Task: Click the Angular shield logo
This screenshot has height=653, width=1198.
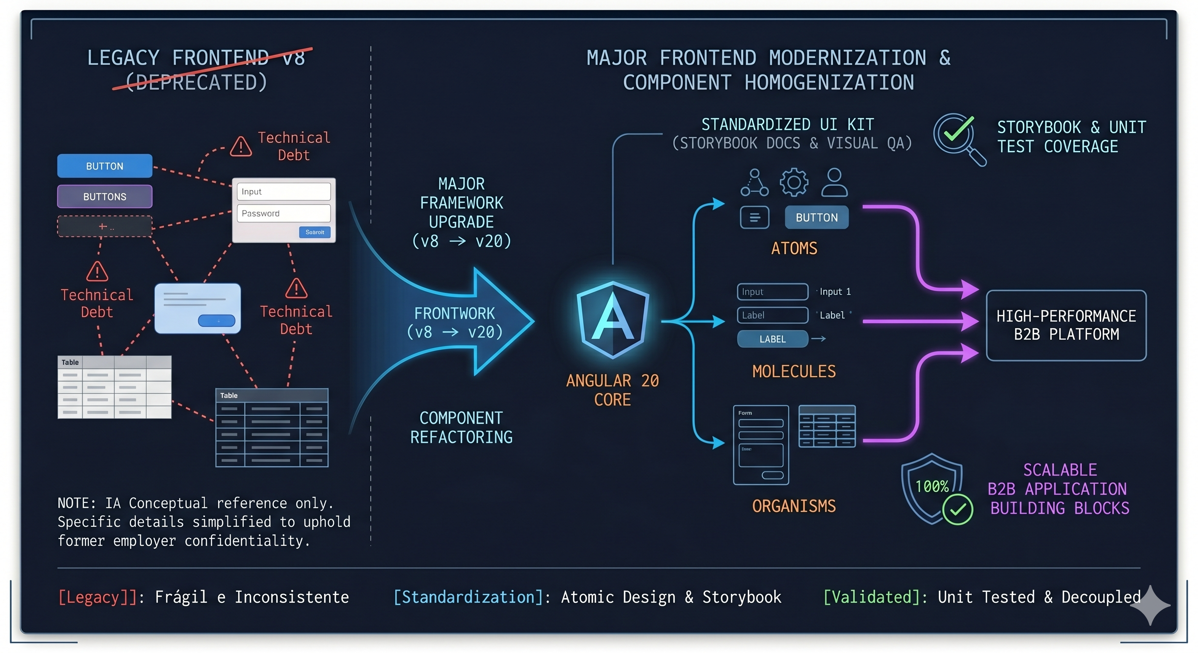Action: (x=613, y=320)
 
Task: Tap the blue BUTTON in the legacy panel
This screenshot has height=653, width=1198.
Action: (x=105, y=166)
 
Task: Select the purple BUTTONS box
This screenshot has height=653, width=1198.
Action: (x=105, y=196)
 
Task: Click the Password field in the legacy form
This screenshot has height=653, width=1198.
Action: (x=284, y=213)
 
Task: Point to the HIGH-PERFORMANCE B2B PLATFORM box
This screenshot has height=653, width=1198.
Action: (x=1066, y=325)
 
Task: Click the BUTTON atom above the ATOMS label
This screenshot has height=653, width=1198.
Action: (x=817, y=218)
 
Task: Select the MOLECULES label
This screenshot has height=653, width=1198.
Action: (x=794, y=371)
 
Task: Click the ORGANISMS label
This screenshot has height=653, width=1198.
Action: (x=794, y=505)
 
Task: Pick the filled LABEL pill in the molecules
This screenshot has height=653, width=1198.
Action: (x=773, y=339)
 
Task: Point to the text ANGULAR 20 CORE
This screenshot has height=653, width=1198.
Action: (x=613, y=390)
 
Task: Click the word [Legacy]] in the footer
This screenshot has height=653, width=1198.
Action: (x=97, y=597)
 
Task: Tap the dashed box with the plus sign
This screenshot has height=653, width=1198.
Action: (x=105, y=226)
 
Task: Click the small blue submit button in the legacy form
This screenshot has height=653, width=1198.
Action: (x=315, y=232)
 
